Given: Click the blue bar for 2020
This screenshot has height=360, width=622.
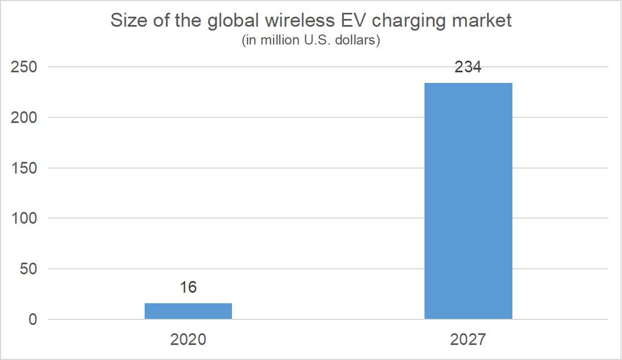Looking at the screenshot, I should pyautogui.click(x=188, y=311).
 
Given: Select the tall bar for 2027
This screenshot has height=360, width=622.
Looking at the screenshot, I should pyautogui.click(x=468, y=201).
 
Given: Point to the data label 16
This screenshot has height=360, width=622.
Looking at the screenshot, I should pyautogui.click(x=188, y=288).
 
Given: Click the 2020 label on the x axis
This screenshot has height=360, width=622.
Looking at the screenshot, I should pyautogui.click(x=188, y=339).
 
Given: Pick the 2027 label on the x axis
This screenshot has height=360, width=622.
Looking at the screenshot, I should pyautogui.click(x=468, y=339).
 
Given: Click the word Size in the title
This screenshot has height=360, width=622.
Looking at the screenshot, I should pyautogui.click(x=127, y=21).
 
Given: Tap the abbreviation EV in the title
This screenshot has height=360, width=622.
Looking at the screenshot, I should pyautogui.click(x=350, y=21).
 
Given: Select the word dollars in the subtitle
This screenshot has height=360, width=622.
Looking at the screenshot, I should pyautogui.click(x=359, y=42).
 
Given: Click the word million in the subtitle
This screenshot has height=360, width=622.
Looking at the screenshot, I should pyautogui.click(x=272, y=42).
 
